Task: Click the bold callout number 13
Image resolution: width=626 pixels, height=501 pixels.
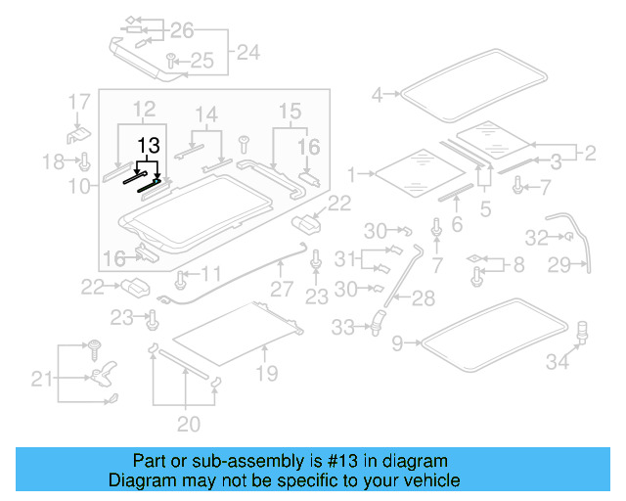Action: (147, 145)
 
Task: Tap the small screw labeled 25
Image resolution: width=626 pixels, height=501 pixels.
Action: (171, 60)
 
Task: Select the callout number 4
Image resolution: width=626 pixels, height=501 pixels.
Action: (378, 95)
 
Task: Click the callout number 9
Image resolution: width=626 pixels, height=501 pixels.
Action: (396, 342)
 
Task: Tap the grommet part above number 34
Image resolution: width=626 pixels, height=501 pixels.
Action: (584, 331)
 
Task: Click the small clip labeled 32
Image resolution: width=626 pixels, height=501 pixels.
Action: (564, 237)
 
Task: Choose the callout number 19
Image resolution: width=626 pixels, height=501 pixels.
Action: (267, 373)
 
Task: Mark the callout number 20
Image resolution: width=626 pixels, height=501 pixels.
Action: (188, 424)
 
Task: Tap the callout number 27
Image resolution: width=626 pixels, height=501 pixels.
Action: (282, 290)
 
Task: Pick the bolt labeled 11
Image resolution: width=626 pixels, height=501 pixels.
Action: (181, 281)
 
